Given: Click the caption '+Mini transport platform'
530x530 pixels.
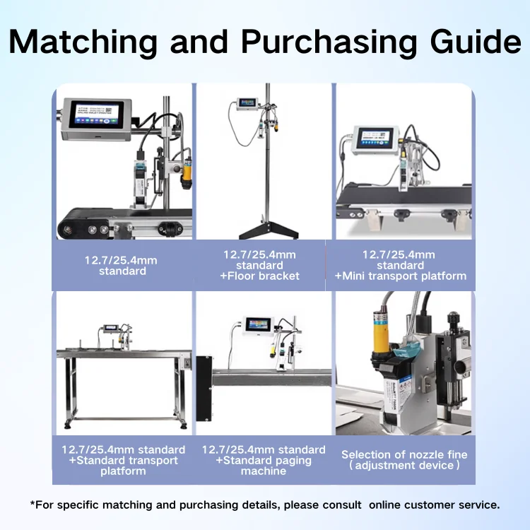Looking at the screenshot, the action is pos(400,276).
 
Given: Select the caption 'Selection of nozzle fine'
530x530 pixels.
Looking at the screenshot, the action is pos(404,454).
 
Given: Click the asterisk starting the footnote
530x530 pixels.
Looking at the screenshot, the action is pos(33,504).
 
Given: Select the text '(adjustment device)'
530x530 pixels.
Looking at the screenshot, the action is pos(404,466).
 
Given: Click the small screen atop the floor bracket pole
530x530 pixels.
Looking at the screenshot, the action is pos(247,102).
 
